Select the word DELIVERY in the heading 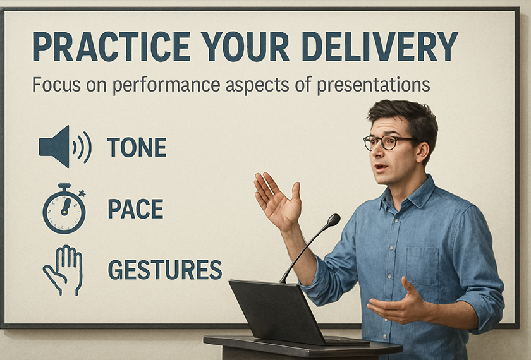[x=380, y=46]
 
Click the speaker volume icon [x=65, y=147]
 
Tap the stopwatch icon [x=64, y=209]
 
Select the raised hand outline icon [x=63, y=270]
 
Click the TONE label [x=137, y=147]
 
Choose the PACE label [x=135, y=209]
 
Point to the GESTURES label [x=165, y=270]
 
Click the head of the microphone [x=333, y=220]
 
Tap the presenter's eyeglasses [x=389, y=142]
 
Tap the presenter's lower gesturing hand [x=397, y=302]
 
